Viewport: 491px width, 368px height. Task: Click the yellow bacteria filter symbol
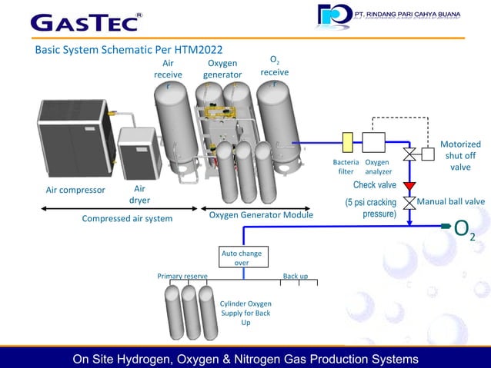point(347,142)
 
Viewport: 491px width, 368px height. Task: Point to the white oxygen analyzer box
point(374,142)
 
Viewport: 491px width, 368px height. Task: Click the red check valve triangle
point(409,186)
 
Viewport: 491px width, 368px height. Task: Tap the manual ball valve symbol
point(409,203)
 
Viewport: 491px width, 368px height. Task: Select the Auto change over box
point(241,257)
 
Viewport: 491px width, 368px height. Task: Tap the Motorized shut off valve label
point(460,155)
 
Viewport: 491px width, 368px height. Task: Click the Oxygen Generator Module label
point(260,215)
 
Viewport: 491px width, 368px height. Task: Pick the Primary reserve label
point(182,276)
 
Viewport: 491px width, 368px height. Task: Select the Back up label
point(295,276)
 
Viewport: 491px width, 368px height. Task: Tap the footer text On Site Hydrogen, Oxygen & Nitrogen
point(245,359)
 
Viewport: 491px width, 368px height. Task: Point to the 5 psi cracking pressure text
point(371,207)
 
